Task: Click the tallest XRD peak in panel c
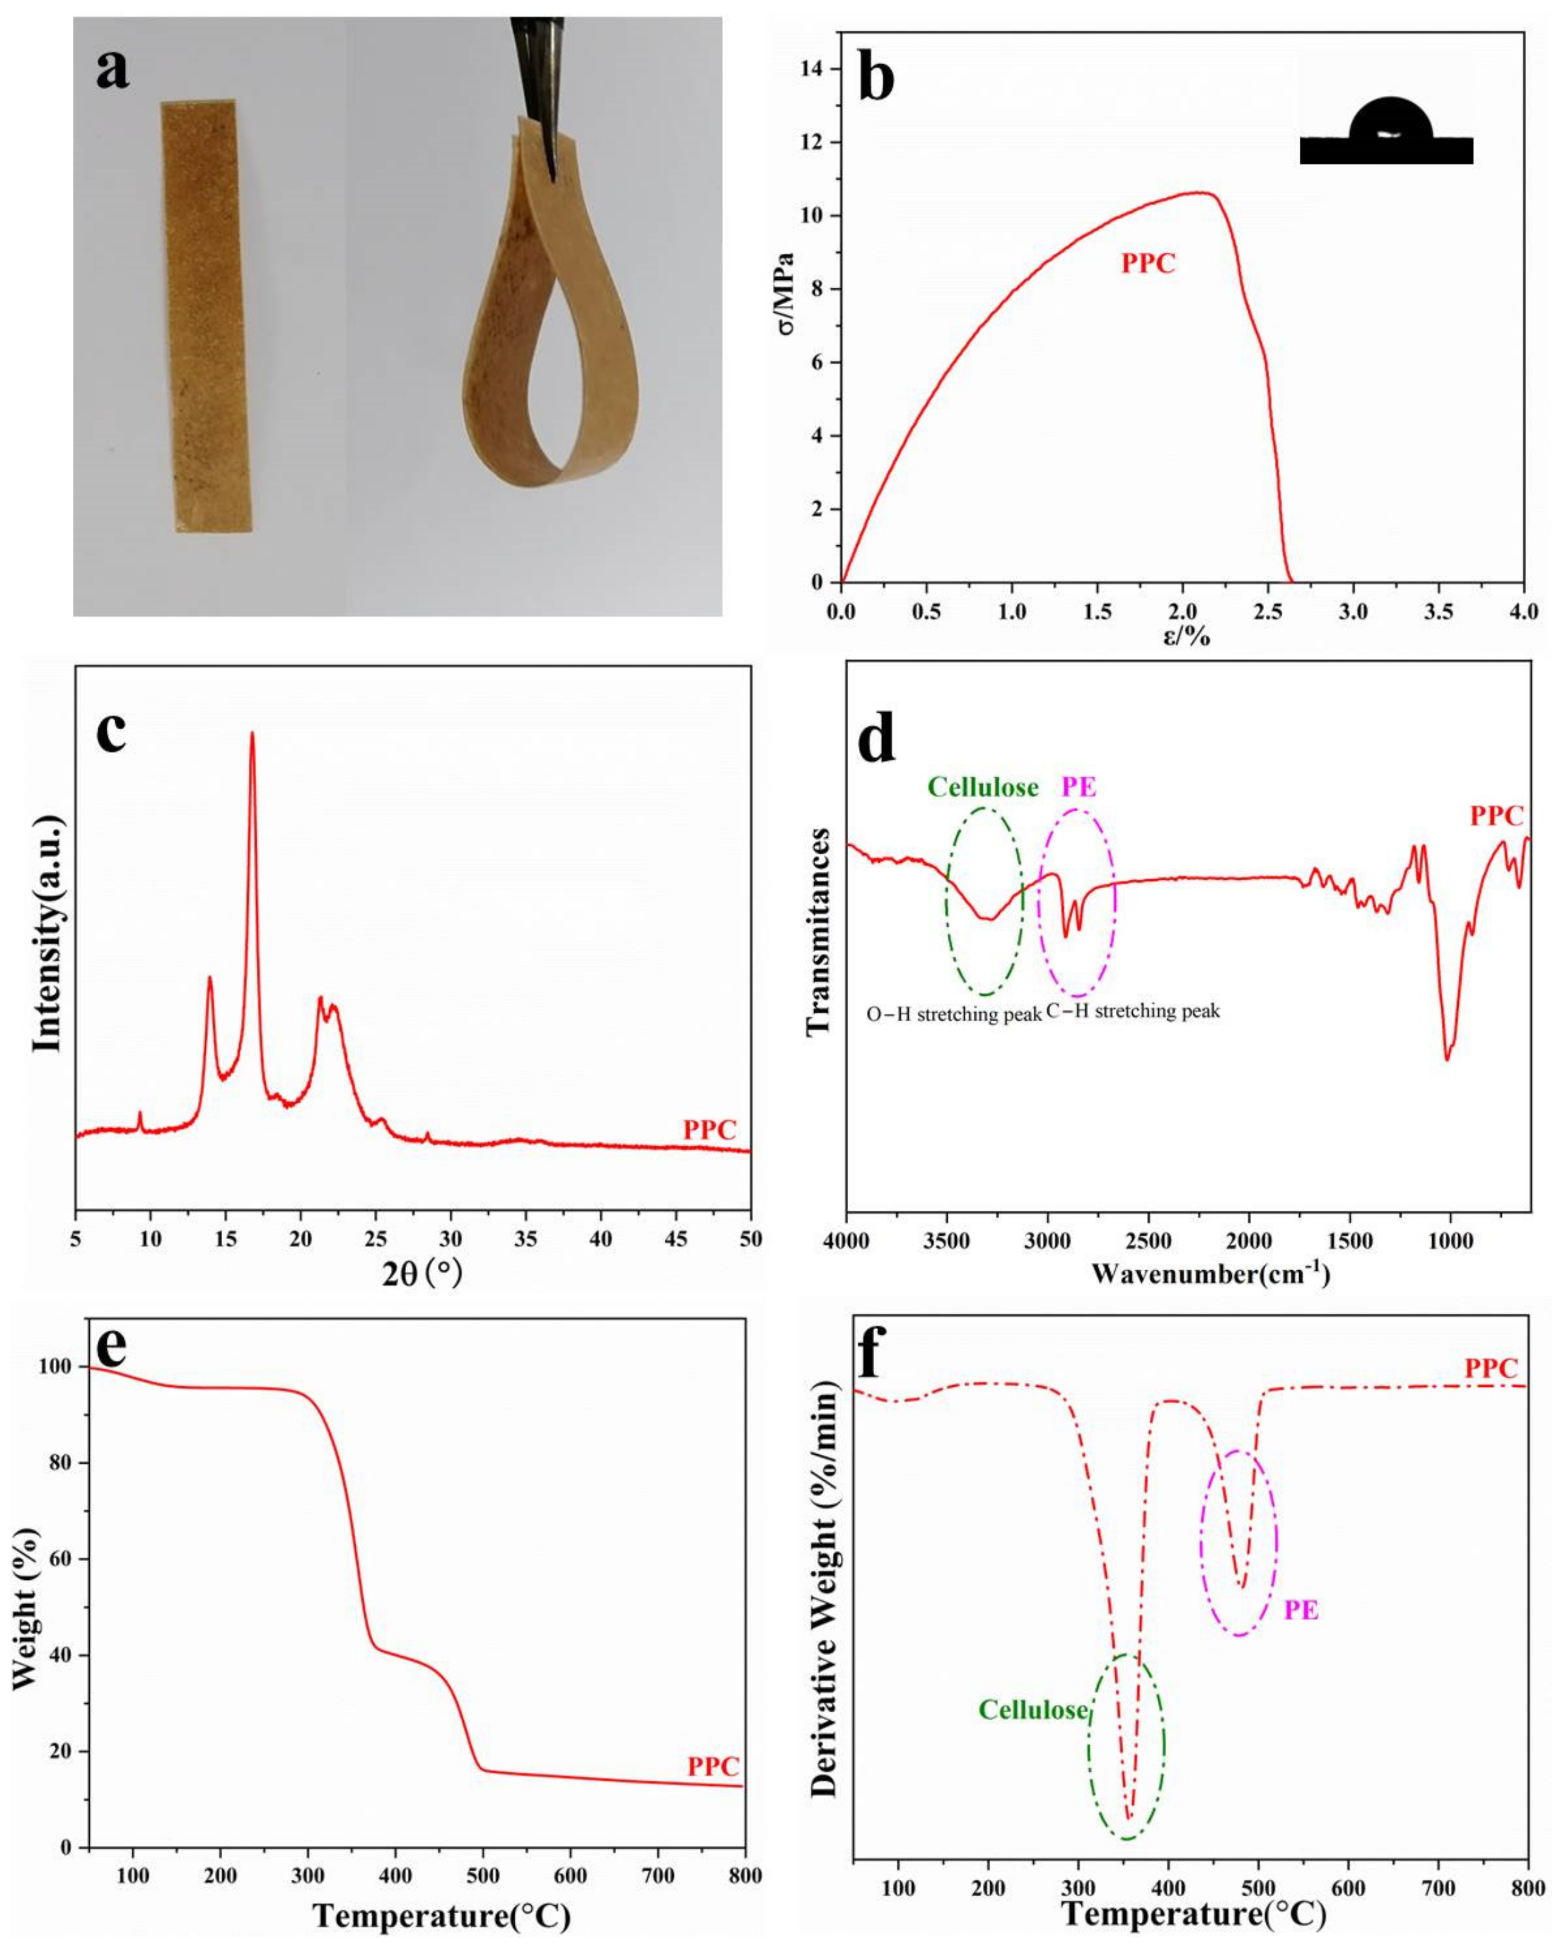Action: click(x=252, y=736)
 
